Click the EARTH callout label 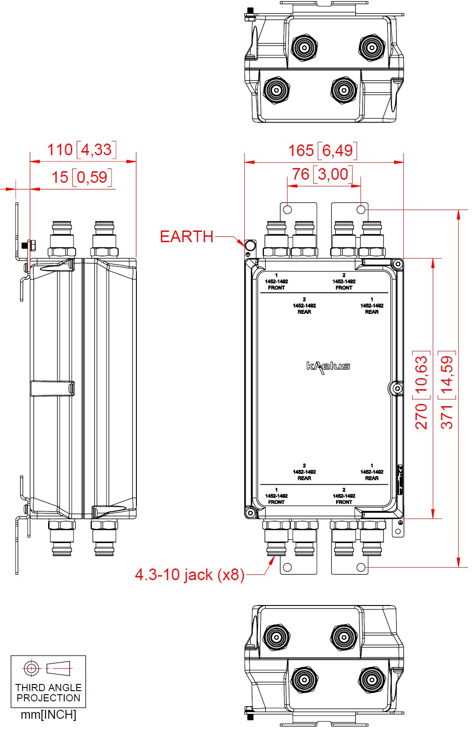pos(186,236)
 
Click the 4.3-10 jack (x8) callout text pos(189,574)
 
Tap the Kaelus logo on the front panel pos(328,367)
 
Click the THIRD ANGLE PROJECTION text pos(48,692)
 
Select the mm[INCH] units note pos(48,715)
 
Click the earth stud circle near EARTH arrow pos(250,245)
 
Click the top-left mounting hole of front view pos(287,209)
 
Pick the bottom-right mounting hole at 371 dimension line pos(361,567)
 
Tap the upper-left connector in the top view pos(304,46)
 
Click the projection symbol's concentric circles pos(31,668)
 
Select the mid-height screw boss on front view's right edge pos(396,389)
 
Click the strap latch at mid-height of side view pos(52,388)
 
